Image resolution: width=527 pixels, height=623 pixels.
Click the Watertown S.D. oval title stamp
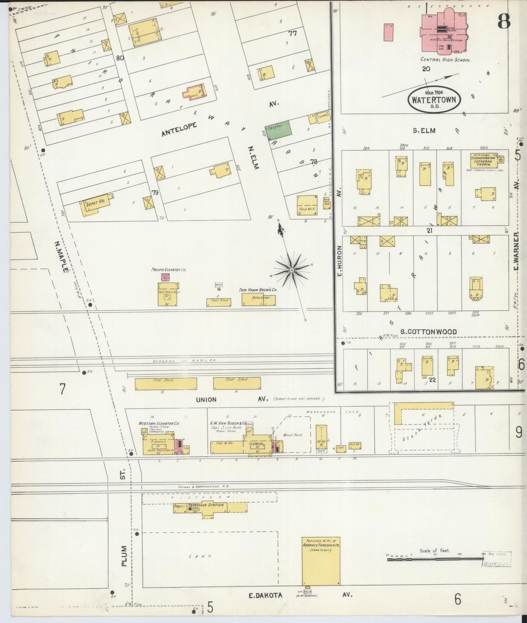click(434, 99)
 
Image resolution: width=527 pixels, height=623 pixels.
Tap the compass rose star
click(292, 270)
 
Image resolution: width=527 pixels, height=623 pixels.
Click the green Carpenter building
click(279, 130)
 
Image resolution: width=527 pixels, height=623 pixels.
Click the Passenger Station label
click(207, 505)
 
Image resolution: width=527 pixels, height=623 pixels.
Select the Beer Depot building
click(258, 300)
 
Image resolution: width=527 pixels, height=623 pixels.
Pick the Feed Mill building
click(307, 205)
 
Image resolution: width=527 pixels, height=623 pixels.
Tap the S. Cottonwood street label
click(428, 332)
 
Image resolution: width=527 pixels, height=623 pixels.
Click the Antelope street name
click(179, 129)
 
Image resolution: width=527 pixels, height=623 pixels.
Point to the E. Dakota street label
click(266, 595)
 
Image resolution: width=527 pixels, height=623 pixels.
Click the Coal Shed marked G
click(166, 384)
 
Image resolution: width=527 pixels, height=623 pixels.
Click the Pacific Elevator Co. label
click(168, 270)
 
